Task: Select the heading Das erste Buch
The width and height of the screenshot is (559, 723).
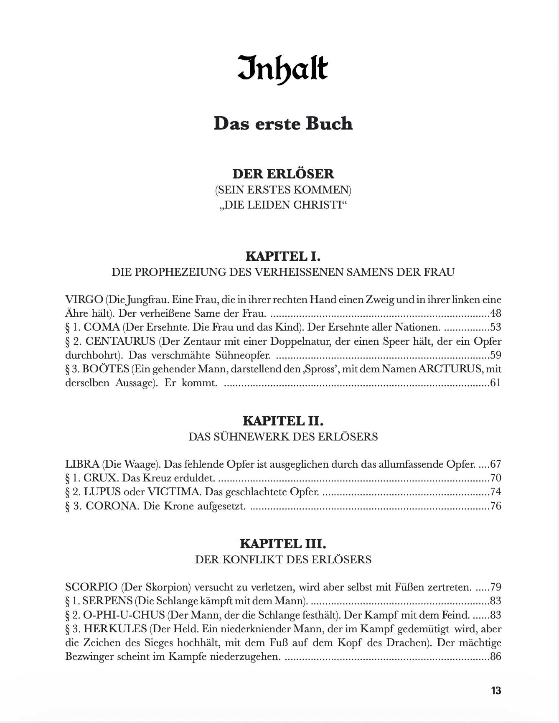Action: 283,124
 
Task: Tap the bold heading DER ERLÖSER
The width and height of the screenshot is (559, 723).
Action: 283,173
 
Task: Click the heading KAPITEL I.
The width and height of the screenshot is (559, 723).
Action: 283,256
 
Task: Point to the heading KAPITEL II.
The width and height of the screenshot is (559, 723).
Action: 283,420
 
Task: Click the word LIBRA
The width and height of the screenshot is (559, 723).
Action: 82,464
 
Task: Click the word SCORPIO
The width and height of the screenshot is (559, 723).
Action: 91,587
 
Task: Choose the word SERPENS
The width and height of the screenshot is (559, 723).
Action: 107,601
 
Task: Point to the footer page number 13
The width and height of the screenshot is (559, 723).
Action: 496,690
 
